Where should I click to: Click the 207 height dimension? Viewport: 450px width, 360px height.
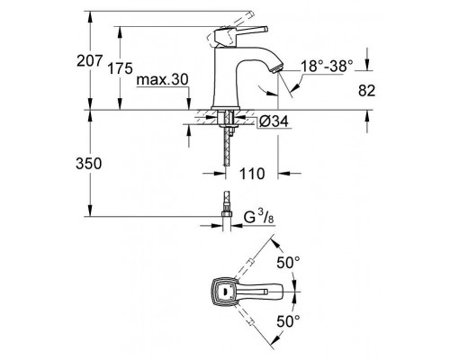click(90, 61)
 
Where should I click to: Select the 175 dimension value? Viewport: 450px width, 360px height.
click(120, 68)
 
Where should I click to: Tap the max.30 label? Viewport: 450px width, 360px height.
click(162, 80)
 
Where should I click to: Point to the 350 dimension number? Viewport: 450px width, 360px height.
click(89, 164)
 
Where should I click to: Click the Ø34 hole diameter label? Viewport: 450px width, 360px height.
click(274, 121)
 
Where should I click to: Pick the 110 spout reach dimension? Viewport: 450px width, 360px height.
click(252, 174)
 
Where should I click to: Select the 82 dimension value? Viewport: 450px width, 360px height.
click(366, 91)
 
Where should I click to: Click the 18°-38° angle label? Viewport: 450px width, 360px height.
click(327, 66)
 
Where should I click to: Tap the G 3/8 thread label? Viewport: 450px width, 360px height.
click(258, 217)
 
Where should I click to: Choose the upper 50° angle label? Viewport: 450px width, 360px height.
click(288, 263)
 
